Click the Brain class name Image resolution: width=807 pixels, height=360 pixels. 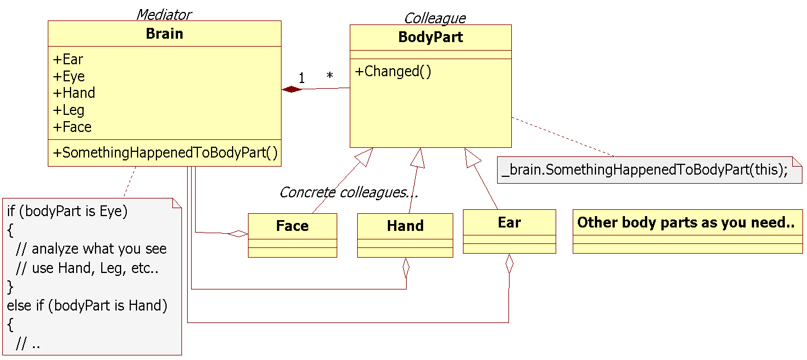coord(164,34)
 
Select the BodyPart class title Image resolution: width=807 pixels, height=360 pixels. coord(431,38)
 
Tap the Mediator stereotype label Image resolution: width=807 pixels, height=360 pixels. coord(164,14)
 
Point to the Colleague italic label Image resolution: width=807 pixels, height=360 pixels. coord(434,18)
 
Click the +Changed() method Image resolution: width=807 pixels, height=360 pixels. coord(393,72)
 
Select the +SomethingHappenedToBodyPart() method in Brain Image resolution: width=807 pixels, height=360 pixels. coord(165,152)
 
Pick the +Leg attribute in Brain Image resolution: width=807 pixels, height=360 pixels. coord(69,110)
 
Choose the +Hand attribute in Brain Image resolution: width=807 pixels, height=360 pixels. coord(74,93)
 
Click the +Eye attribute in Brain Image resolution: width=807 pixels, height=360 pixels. coord(69,76)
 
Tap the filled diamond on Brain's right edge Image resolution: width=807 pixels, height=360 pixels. coord(291,89)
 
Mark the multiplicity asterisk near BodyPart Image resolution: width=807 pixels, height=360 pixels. coord(329,76)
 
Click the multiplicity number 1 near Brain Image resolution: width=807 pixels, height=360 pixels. coord(301,78)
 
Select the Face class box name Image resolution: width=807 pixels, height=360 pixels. coord(292,226)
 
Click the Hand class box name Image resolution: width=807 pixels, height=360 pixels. coord(405,226)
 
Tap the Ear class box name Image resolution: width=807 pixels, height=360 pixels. coord(509,222)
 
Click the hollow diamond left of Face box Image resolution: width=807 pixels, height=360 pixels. coord(238,233)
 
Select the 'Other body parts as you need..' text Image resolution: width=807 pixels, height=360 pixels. coord(686,222)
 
